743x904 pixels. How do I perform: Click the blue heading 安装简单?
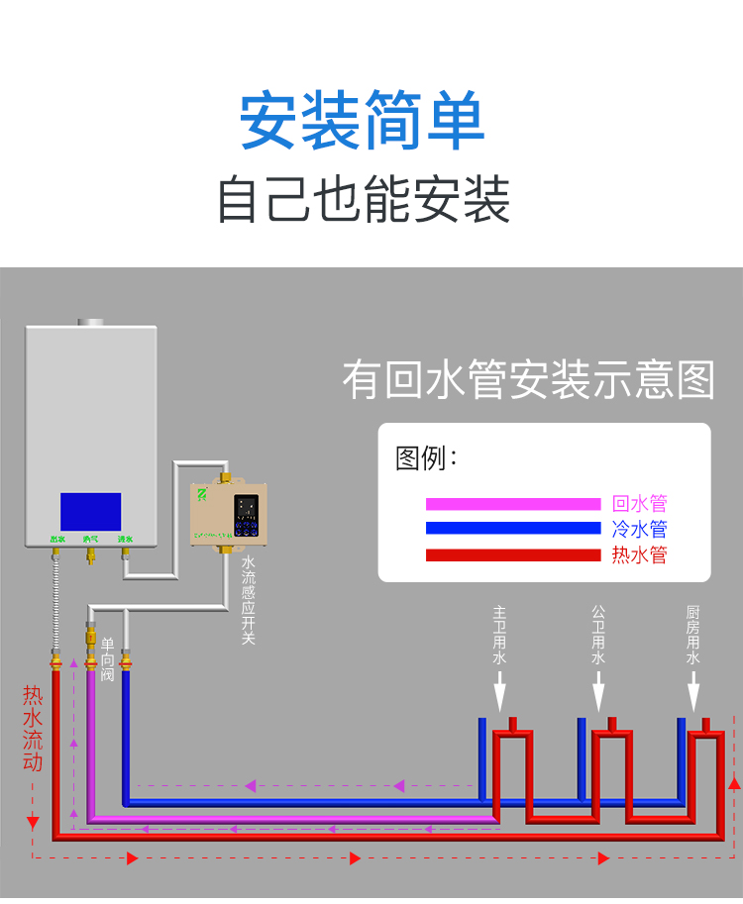coord(363,122)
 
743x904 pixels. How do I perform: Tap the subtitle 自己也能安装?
coord(363,199)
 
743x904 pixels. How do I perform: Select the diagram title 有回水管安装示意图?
coord(528,380)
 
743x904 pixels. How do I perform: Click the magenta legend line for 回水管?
coord(513,504)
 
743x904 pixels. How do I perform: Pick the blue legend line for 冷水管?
coord(513,529)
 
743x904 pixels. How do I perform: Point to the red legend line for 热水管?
coord(513,554)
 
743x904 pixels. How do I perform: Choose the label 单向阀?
coord(108,658)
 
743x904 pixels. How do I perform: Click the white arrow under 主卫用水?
coord(500,687)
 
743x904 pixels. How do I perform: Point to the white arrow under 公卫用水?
coord(597,687)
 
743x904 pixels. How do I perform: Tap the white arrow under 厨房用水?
coord(693,687)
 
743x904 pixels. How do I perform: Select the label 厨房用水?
coord(693,635)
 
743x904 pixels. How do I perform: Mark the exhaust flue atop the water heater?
coord(90,322)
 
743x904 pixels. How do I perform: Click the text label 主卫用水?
coord(500,635)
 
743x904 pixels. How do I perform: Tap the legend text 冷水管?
coord(639,529)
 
